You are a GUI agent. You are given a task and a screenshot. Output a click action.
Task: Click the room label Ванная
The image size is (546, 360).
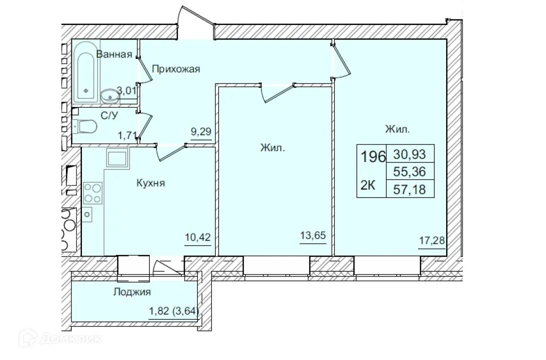114,54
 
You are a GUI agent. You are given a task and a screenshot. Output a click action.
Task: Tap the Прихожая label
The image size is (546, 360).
176,69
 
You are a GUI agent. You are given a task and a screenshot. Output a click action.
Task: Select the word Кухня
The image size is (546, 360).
151,183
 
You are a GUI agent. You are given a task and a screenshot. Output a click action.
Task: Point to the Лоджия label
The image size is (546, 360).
132,292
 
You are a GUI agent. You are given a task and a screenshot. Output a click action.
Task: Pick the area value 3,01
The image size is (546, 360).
126,90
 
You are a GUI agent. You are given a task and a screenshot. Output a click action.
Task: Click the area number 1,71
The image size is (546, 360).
126,135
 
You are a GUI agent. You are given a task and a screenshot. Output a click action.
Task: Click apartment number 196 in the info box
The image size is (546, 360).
373,157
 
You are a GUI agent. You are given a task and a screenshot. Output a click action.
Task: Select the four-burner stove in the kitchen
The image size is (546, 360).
92,192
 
